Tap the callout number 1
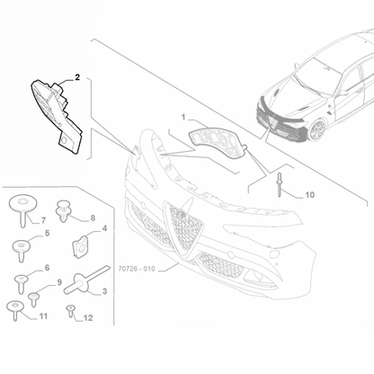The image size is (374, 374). point(183,118)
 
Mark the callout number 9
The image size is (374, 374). point(60,282)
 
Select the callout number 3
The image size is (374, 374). point(105,291)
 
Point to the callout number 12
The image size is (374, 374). point(87,316)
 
